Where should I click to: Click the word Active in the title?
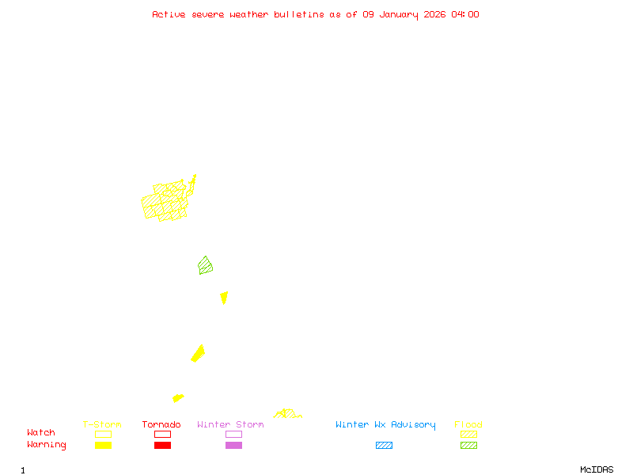pos(169,14)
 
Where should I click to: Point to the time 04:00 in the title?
pos(464,14)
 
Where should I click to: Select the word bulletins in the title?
pos(299,14)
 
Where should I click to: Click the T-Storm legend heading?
pos(102,425)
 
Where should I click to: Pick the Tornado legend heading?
pos(161,425)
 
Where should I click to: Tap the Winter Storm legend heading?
pos(230,425)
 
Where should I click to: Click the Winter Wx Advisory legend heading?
pos(385,425)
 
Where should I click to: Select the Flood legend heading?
pos(468,425)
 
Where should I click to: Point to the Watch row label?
pos(41,433)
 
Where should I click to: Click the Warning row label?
pos(46,445)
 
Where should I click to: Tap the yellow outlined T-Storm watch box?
pos(103,434)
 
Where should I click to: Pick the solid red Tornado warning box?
pos(162,445)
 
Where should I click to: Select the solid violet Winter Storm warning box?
pos(233,445)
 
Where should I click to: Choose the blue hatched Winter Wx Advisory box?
pos(384,445)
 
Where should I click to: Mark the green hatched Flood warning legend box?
pos(468,445)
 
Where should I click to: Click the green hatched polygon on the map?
pos(206,265)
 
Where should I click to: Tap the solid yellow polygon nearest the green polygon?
pos(224,298)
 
